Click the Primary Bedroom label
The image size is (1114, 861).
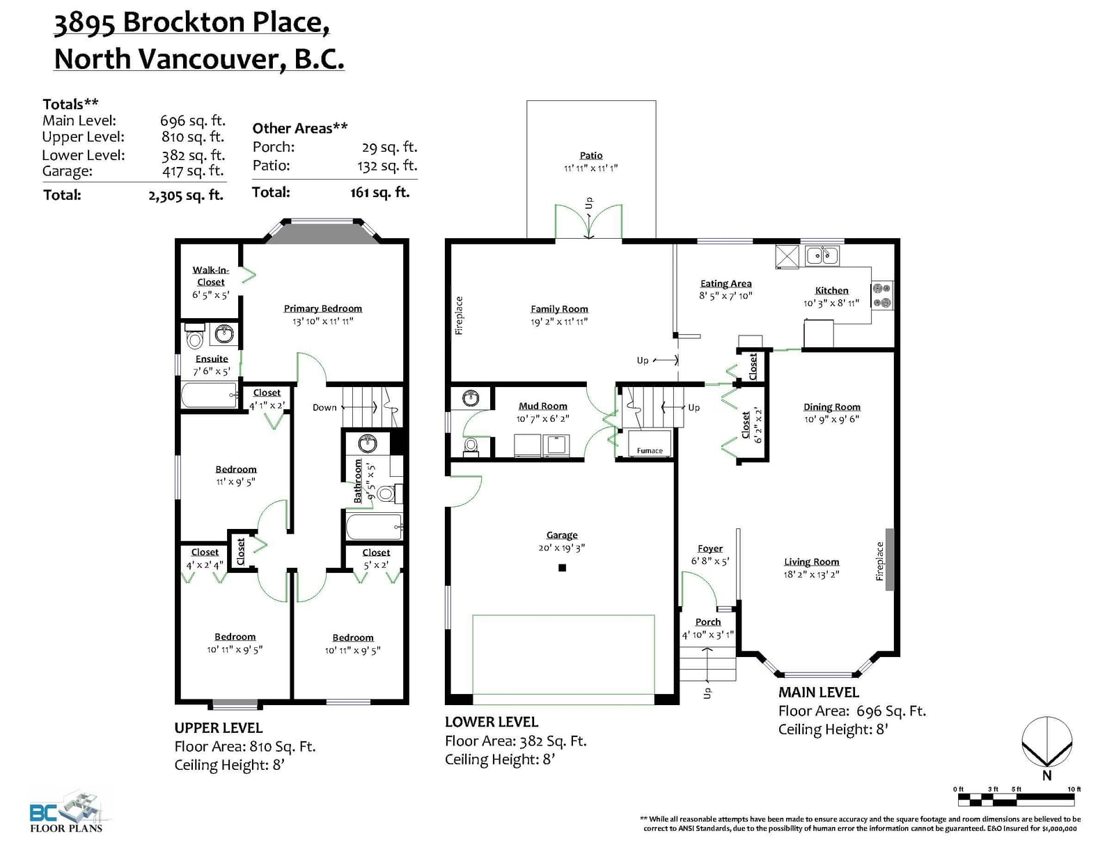click(323, 308)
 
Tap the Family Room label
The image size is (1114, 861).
click(559, 309)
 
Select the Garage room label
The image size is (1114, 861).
click(562, 535)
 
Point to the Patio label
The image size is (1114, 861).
click(591, 155)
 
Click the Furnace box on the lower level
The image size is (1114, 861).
click(650, 443)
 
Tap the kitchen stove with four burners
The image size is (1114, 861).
click(882, 296)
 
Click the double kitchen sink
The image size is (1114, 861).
click(822, 255)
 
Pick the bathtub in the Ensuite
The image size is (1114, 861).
click(209, 395)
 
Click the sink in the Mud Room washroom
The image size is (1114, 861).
click(471, 398)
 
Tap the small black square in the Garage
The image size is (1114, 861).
click(563, 568)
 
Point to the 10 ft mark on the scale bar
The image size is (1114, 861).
click(1074, 789)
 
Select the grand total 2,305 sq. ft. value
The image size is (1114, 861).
click(186, 196)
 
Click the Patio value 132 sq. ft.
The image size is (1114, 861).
click(387, 166)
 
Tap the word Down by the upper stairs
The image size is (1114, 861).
click(324, 407)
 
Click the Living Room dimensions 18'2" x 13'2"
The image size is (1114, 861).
click(811, 574)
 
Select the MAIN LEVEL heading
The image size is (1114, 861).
click(819, 693)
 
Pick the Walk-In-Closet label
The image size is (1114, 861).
click(211, 276)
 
